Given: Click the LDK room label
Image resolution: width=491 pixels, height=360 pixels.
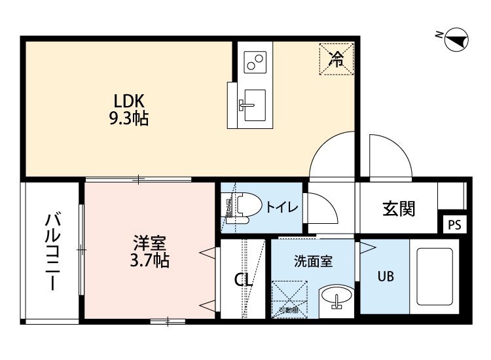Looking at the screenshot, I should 129,101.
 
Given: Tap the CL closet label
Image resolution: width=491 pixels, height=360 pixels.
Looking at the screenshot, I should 244,280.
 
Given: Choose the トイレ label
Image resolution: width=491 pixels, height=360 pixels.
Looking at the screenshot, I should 282,207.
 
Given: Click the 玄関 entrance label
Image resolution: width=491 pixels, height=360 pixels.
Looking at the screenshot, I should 399,209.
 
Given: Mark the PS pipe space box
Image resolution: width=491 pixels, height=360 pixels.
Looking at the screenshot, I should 454,225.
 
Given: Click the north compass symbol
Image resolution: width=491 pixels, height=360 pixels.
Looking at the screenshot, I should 455,41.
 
